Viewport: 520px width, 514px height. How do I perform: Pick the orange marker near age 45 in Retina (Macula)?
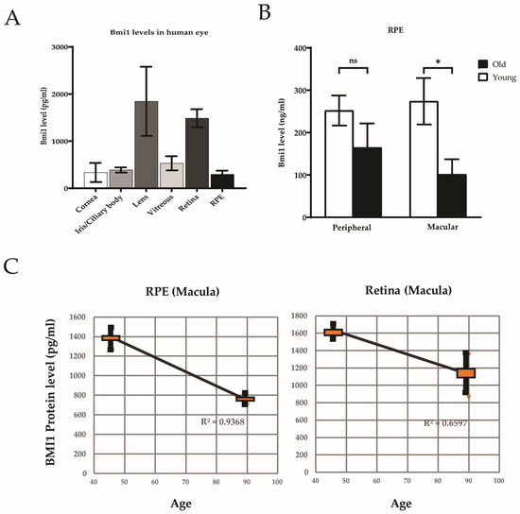pos(333,333)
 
